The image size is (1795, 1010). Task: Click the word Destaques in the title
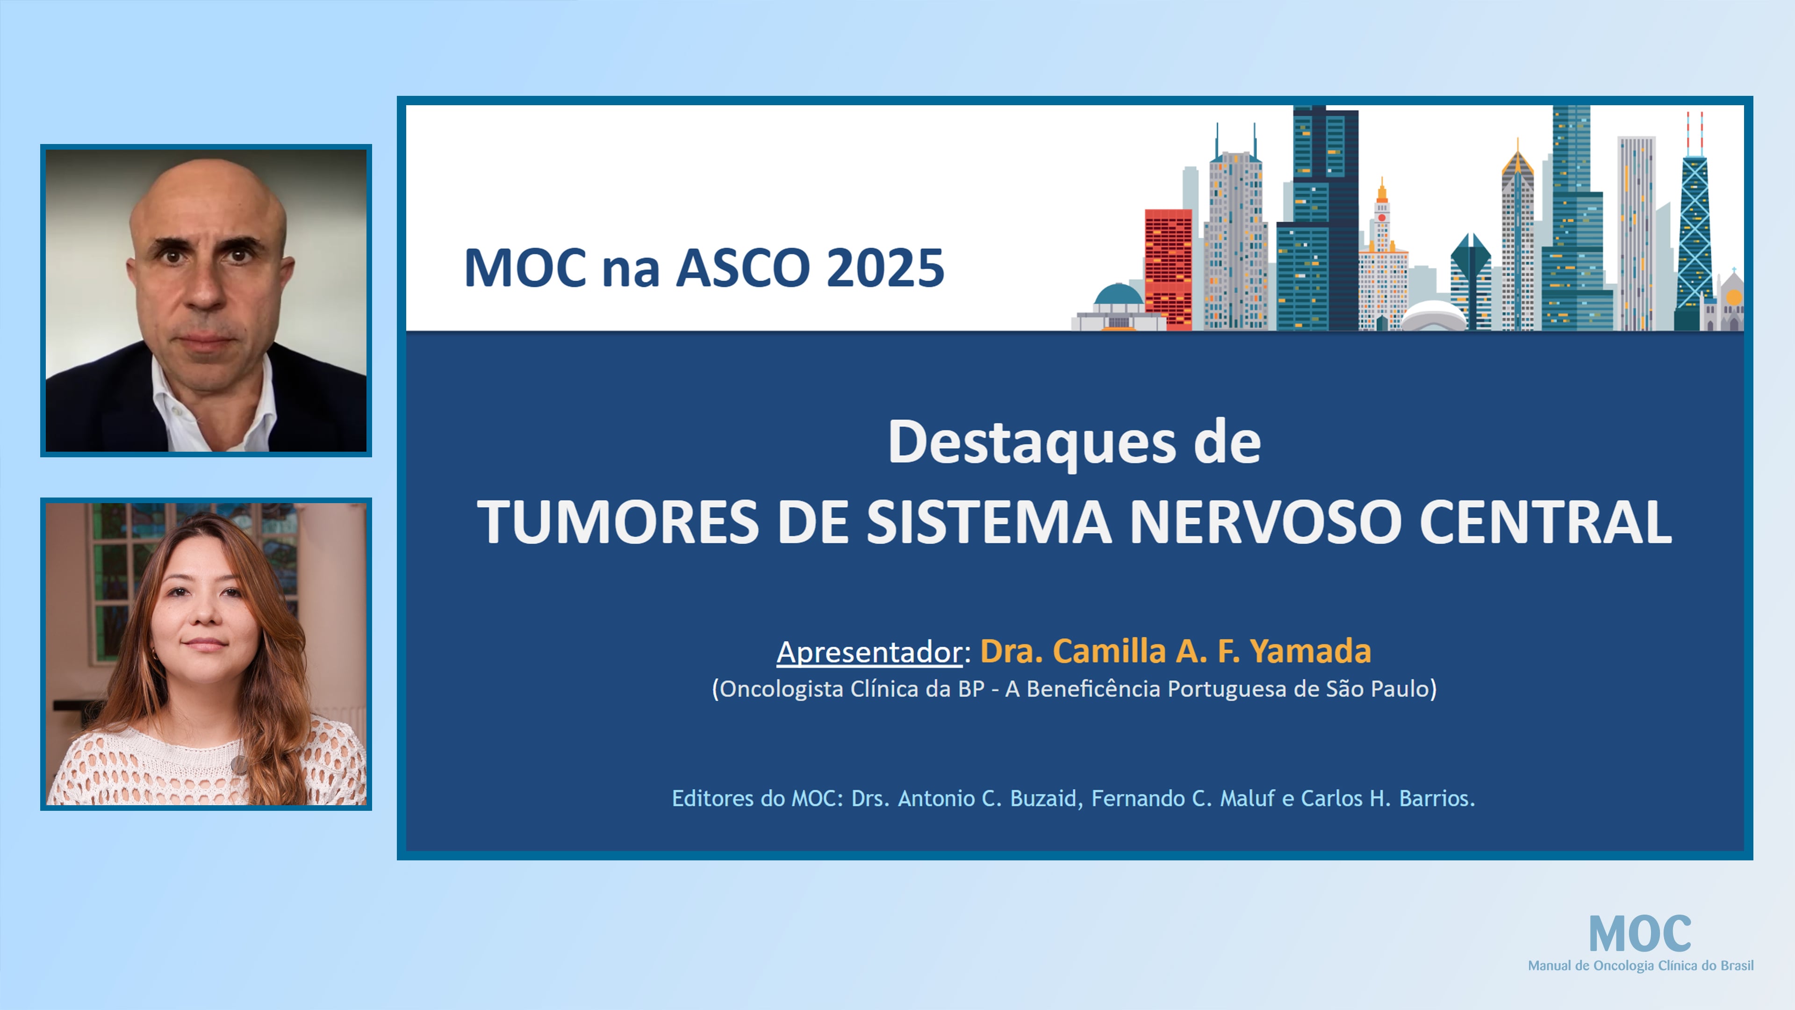coord(1031,443)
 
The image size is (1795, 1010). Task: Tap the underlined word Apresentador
coord(869,652)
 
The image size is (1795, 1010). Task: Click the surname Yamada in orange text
coord(1310,651)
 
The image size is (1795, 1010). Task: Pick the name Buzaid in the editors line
coord(1042,798)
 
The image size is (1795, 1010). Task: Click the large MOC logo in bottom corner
coord(1640,934)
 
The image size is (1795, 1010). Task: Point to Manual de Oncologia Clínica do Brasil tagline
coord(1640,966)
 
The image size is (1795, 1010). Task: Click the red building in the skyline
coord(1168,268)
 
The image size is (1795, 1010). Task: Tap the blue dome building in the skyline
coord(1118,296)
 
